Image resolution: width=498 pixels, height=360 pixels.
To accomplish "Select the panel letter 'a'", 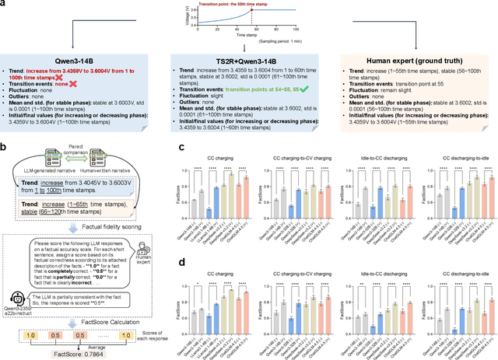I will pyautogui.click(x=4, y=4).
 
